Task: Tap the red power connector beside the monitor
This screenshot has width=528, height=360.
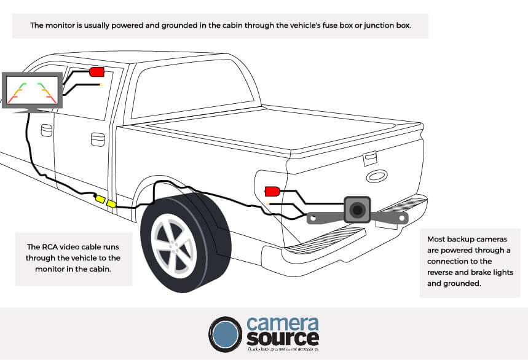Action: [97, 72]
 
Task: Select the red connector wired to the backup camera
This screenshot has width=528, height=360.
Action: [272, 190]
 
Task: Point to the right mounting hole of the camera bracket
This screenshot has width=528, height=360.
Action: [402, 217]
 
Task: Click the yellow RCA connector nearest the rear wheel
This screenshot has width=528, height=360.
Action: [112, 204]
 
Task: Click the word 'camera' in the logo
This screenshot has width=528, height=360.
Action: [283, 324]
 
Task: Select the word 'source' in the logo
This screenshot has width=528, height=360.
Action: [283, 339]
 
